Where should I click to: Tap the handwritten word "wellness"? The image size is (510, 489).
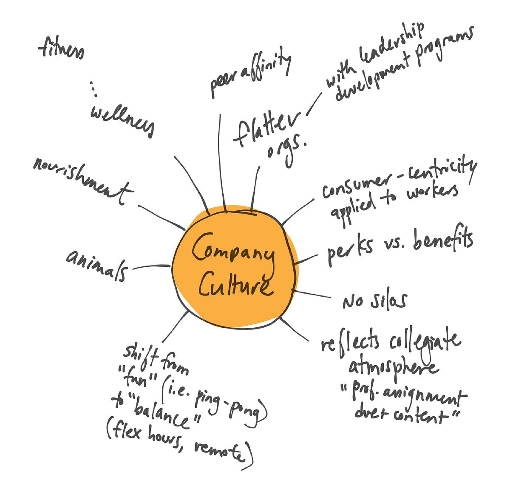[x=122, y=119]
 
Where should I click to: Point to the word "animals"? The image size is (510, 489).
[x=97, y=265]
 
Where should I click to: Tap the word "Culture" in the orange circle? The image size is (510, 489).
[x=235, y=285]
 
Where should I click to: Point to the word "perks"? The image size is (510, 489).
[x=350, y=249]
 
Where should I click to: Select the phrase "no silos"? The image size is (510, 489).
[x=374, y=300]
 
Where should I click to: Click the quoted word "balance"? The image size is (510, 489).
[x=161, y=411]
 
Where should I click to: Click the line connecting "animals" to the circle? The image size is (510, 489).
[x=151, y=267]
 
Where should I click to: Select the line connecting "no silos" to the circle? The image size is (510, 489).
[x=312, y=294]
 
